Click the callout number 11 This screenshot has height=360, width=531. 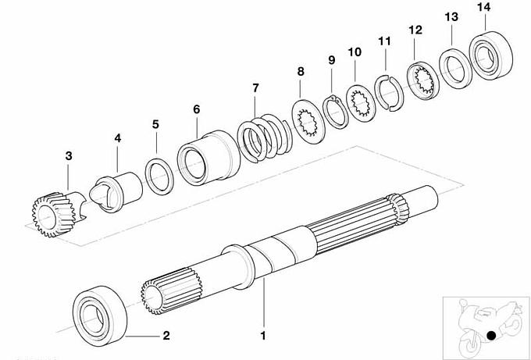[x=383, y=41]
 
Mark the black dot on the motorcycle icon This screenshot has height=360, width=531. [x=490, y=337]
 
